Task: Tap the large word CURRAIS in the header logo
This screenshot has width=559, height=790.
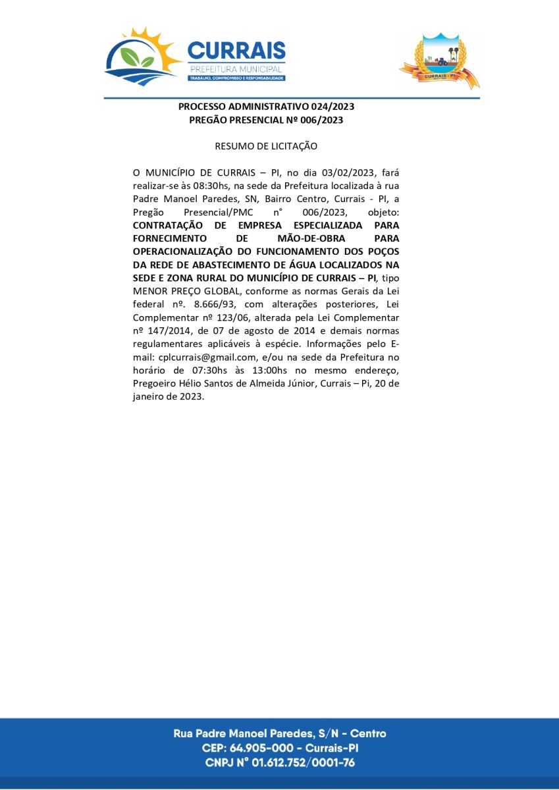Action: pyautogui.click(x=236, y=51)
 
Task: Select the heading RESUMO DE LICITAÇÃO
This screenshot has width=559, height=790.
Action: pyautogui.click(x=266, y=145)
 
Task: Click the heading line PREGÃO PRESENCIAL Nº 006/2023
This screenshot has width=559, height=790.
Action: pyautogui.click(x=266, y=120)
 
